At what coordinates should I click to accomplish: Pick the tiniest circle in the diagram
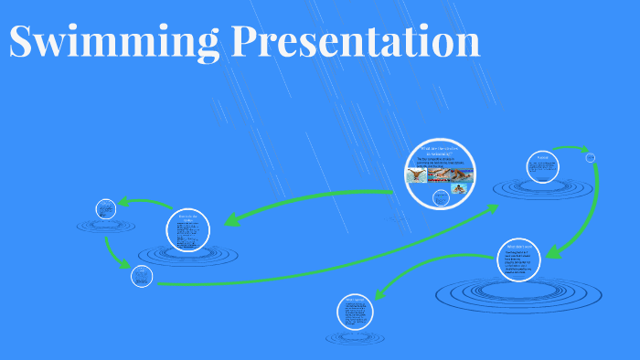(590, 157)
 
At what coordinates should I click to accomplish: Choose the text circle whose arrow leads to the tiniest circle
(542, 165)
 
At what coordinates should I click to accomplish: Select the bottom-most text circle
(354, 312)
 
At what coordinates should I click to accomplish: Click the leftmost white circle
(105, 207)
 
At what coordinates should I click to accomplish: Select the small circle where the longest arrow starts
(141, 276)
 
